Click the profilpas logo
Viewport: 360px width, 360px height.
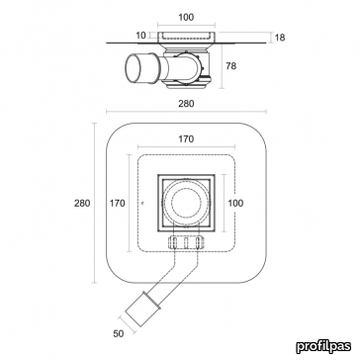(323, 346)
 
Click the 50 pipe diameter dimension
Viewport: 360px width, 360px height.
(118, 333)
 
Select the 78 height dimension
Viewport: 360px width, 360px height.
(231, 66)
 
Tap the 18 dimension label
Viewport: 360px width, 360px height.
(280, 38)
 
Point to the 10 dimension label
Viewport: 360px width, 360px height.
(141, 35)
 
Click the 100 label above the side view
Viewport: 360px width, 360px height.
(186, 17)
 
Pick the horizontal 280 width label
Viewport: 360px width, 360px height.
(186, 104)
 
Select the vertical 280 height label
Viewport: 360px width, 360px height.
(82, 203)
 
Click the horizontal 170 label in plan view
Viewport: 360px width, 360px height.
(186, 139)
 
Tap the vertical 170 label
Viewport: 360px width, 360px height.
(118, 203)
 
